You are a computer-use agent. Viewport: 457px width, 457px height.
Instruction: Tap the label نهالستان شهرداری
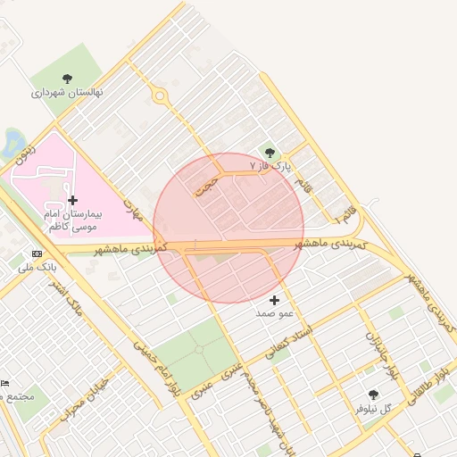(68, 92)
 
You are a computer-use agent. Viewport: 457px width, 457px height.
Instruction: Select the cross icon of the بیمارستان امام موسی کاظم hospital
(72, 200)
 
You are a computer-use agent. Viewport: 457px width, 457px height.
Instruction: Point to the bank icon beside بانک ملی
(37, 253)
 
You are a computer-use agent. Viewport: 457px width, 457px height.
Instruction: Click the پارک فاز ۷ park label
(271, 167)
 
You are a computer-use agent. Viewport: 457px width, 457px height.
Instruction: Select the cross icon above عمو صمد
(274, 300)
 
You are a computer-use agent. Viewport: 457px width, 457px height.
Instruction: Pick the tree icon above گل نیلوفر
(373, 395)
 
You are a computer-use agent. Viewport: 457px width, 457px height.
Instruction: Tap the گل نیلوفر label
(374, 409)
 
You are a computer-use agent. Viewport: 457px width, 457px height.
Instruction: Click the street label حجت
(207, 184)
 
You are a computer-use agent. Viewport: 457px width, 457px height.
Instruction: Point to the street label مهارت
(133, 210)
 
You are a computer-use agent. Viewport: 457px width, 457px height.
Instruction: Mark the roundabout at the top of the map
(160, 95)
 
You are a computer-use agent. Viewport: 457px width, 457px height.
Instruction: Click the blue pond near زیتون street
(12, 143)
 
